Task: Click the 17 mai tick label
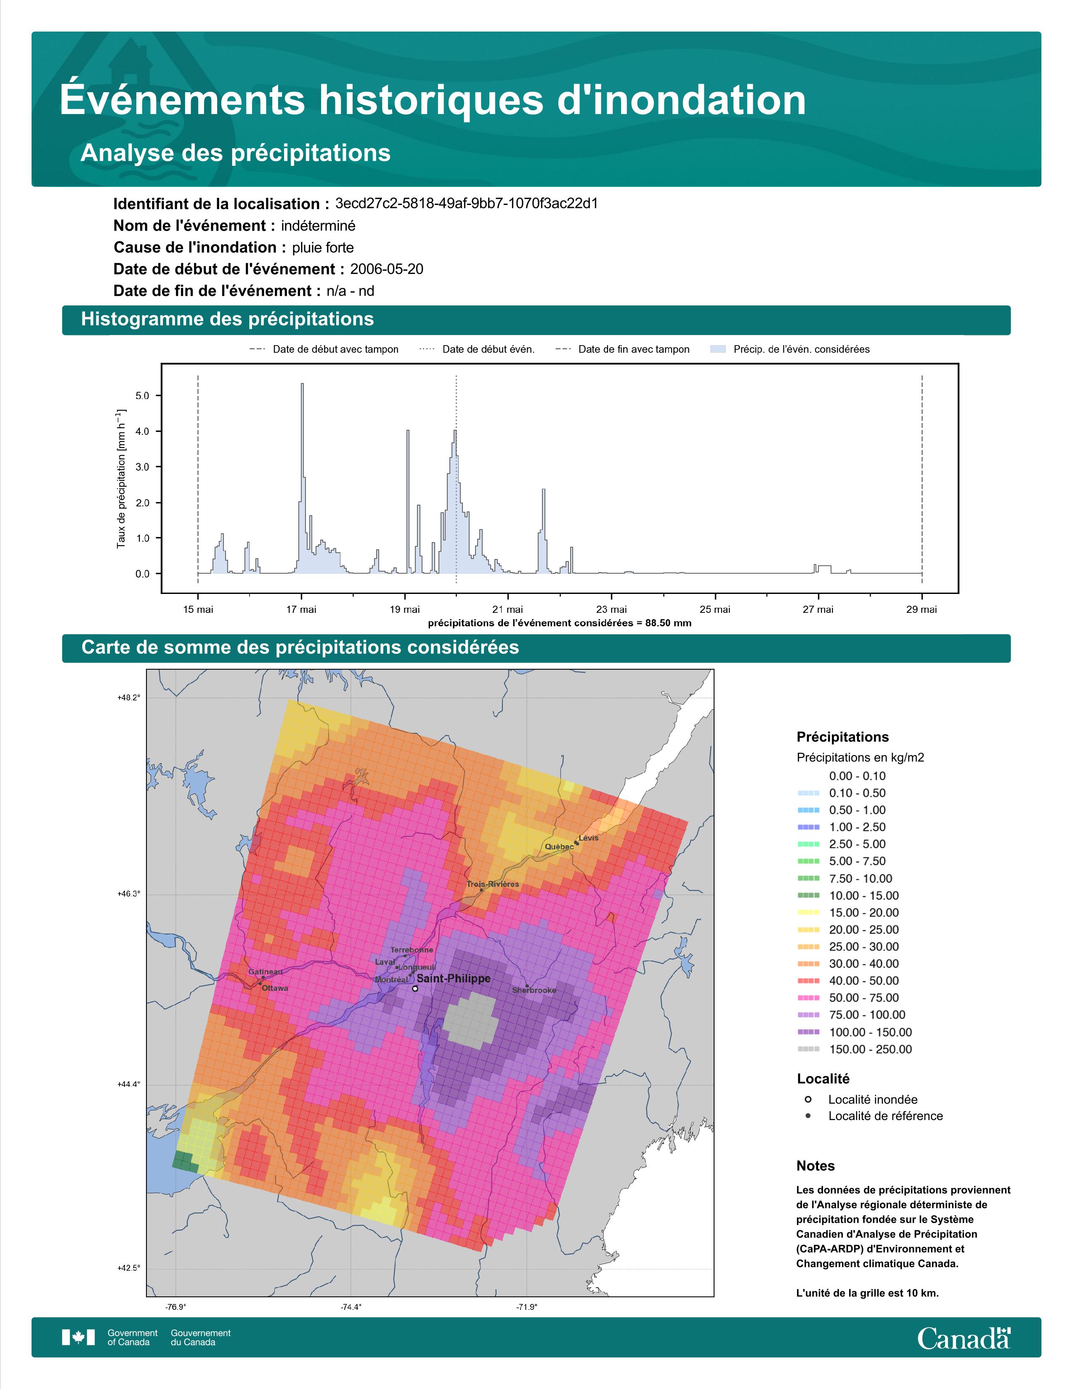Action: click(x=301, y=609)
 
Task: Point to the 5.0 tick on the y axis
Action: click(x=142, y=396)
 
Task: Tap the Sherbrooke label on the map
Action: click(x=534, y=990)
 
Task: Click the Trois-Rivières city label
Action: click(x=493, y=884)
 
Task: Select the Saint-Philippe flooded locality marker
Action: click(x=415, y=989)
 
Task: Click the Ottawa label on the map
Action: click(x=275, y=988)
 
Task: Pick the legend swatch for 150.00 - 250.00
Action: click(x=808, y=1049)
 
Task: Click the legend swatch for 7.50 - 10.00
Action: click(x=808, y=878)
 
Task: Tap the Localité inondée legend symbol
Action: click(x=807, y=1099)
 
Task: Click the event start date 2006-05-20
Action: click(x=386, y=269)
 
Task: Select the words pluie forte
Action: click(x=323, y=247)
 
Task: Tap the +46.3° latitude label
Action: click(x=128, y=894)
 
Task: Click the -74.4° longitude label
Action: click(x=351, y=1307)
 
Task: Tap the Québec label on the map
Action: click(x=559, y=846)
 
